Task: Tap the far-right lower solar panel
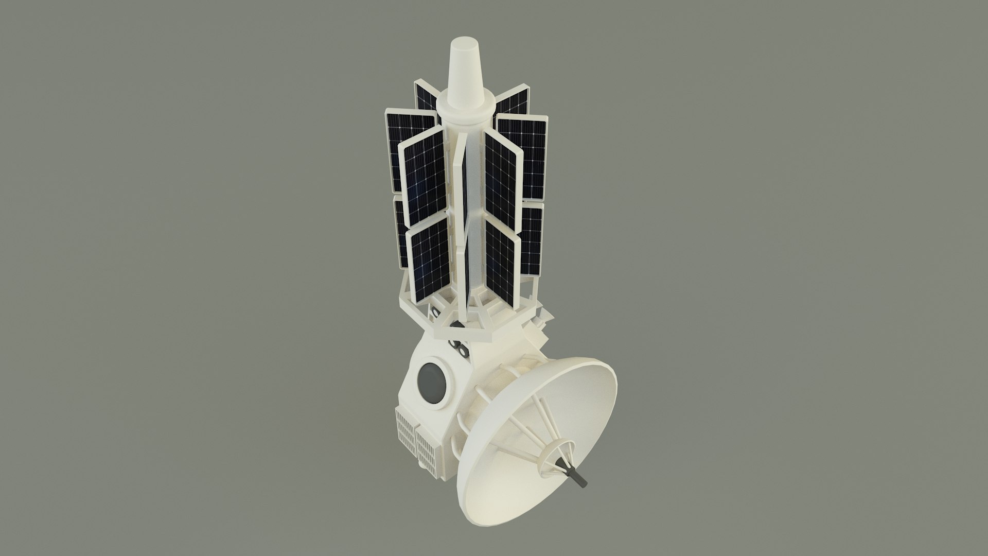pos(533,239)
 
